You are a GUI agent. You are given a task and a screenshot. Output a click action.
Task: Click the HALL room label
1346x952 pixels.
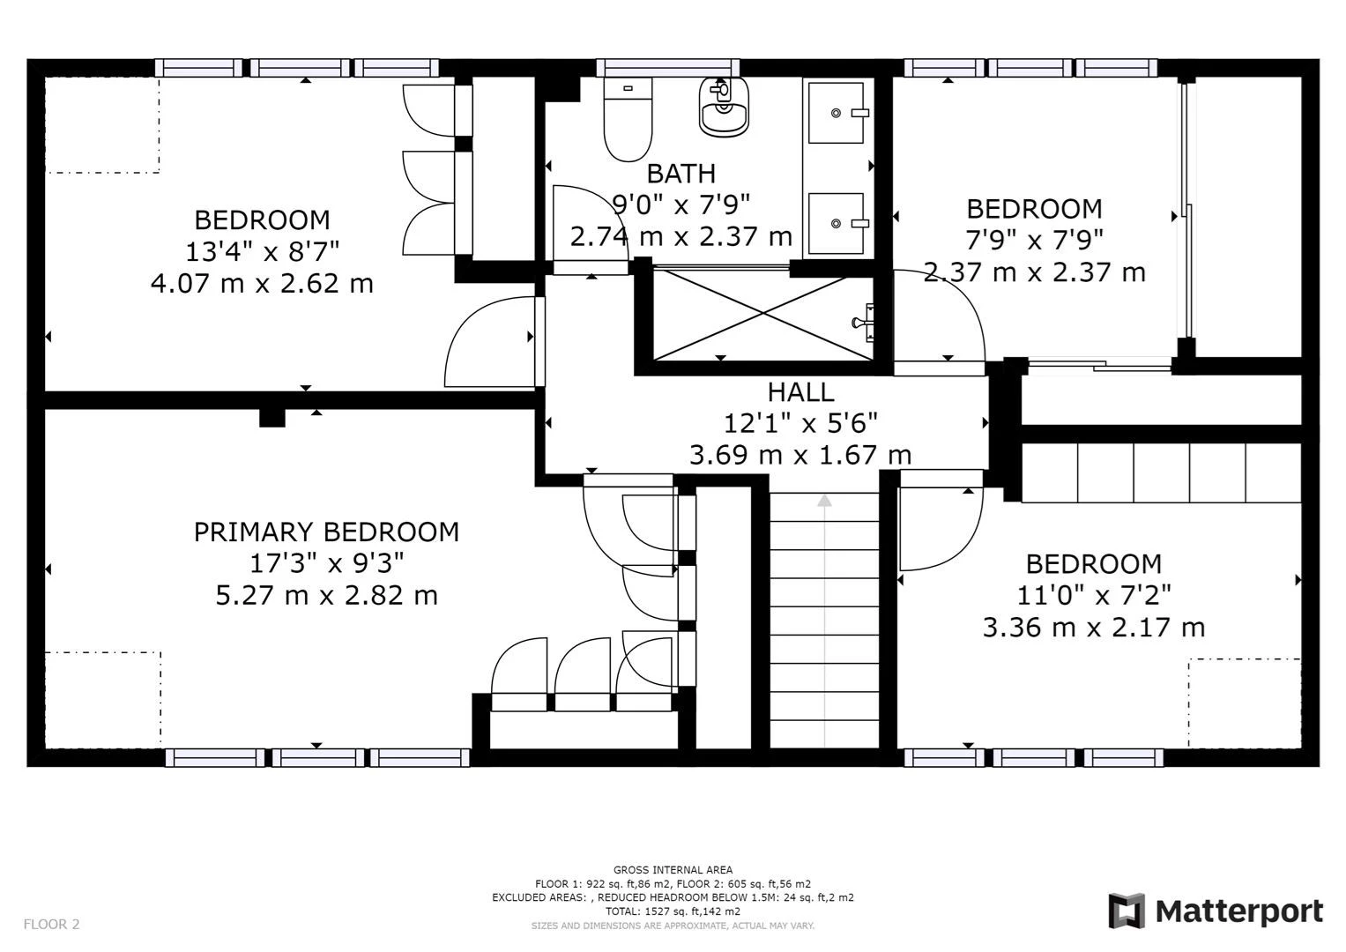tap(799, 392)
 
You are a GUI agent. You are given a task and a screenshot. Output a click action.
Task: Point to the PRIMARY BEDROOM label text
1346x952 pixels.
tap(326, 532)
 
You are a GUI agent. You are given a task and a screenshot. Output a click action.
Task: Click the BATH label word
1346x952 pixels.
tap(680, 174)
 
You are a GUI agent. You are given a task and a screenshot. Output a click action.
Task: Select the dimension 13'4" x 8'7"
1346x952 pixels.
tap(262, 252)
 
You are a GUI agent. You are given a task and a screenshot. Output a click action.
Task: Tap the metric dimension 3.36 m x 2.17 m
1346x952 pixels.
tap(1093, 628)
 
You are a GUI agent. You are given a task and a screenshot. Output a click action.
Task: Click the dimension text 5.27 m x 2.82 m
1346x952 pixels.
tap(326, 595)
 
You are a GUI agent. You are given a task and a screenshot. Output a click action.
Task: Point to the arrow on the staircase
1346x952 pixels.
tap(824, 502)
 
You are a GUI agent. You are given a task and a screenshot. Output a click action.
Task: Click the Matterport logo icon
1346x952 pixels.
tap(1126, 911)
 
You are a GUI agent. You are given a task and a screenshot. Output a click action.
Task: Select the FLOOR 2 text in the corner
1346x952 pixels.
tap(51, 925)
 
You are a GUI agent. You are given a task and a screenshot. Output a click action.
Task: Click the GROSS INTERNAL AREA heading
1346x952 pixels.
tap(673, 870)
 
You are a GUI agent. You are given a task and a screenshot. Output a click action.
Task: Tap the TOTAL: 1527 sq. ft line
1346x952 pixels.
tap(673, 911)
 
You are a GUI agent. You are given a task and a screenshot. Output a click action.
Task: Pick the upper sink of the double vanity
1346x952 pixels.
tap(837, 113)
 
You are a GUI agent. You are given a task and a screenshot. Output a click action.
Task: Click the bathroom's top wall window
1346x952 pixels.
tap(667, 68)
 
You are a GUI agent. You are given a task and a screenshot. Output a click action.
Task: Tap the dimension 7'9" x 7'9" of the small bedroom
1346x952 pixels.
tap(1034, 240)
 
